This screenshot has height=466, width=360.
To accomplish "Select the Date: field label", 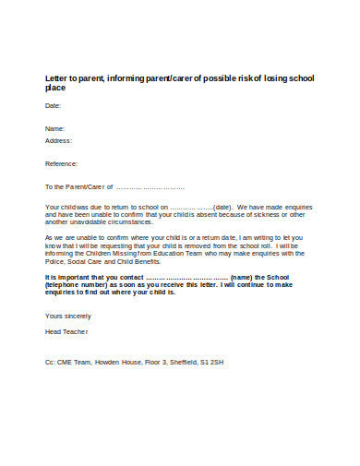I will click(x=54, y=106).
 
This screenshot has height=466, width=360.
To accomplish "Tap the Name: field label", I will click(x=55, y=128).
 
